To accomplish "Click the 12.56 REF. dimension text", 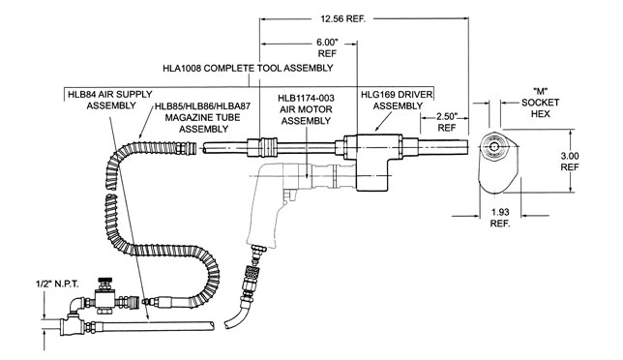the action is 342,18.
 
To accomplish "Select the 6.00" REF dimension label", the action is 327,47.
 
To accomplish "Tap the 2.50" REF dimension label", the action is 447,122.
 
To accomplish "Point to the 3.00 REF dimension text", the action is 570,162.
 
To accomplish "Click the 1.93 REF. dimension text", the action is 500,218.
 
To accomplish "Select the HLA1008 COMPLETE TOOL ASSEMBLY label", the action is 248,68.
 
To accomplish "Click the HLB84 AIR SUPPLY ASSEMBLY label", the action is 110,100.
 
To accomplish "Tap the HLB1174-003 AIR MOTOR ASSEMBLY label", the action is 306,109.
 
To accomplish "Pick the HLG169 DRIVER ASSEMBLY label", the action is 397,100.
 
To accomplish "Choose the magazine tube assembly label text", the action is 202,118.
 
